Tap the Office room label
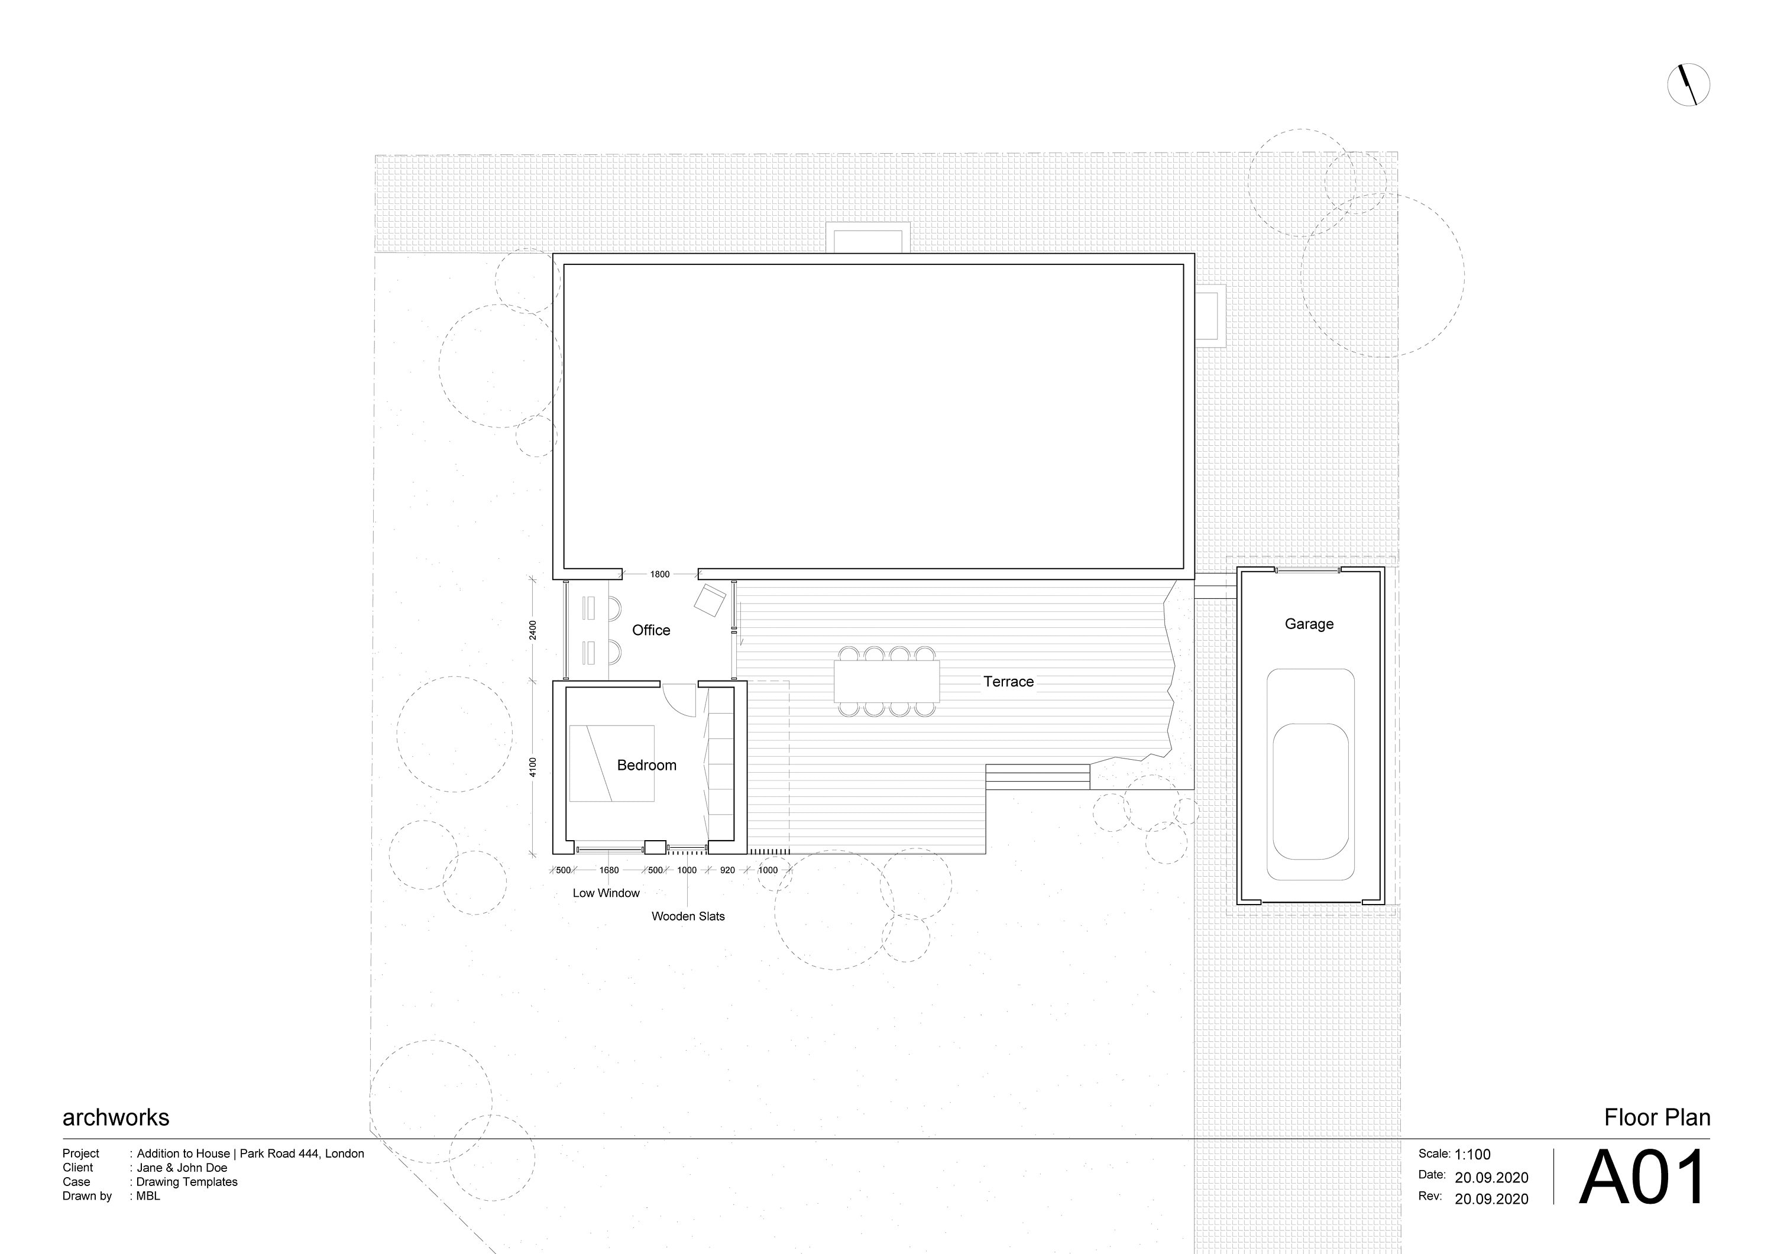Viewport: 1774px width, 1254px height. point(650,630)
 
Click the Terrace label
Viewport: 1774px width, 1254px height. point(1008,682)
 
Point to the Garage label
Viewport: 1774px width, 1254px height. point(1309,624)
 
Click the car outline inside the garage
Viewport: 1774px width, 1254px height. point(1310,774)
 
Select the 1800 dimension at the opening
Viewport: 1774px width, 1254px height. point(659,574)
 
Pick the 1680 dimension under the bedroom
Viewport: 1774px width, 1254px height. point(609,870)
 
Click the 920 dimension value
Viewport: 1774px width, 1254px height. point(727,870)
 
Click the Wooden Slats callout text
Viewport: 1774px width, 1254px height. point(688,916)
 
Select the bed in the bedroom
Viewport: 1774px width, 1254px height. point(612,763)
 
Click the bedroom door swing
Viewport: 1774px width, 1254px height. point(678,700)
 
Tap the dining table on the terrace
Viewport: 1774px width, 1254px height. point(886,680)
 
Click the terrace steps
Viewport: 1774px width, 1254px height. point(1038,776)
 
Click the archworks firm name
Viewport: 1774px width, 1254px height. point(116,1117)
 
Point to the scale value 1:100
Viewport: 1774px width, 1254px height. point(1472,1154)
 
